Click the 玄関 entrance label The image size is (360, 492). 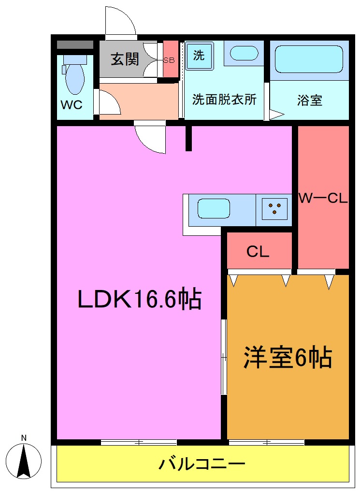(125, 59)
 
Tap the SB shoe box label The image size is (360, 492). (169, 60)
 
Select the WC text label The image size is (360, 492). (71, 105)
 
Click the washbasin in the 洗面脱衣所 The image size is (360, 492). (244, 53)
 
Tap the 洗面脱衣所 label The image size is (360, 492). (224, 100)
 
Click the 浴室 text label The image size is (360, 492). (310, 101)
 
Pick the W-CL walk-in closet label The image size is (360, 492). (323, 199)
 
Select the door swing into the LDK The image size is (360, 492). (151, 138)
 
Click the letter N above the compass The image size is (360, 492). (24, 438)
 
